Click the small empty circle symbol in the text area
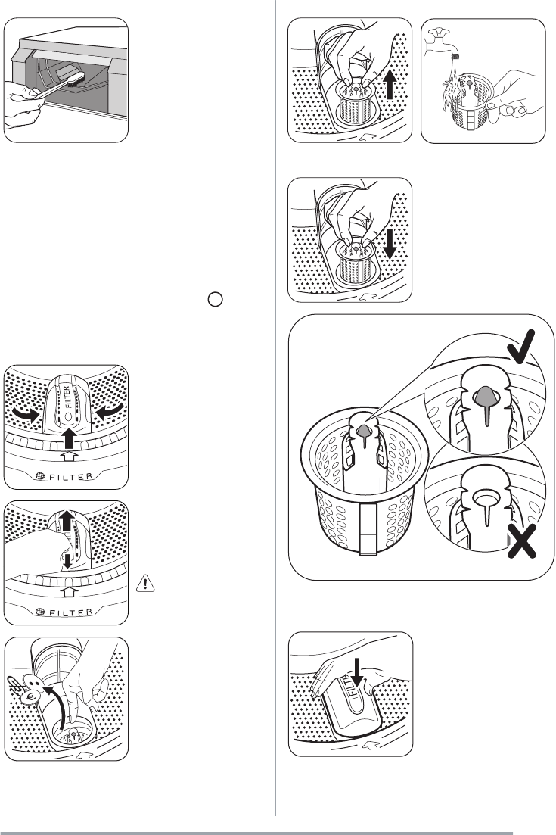click(x=215, y=299)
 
